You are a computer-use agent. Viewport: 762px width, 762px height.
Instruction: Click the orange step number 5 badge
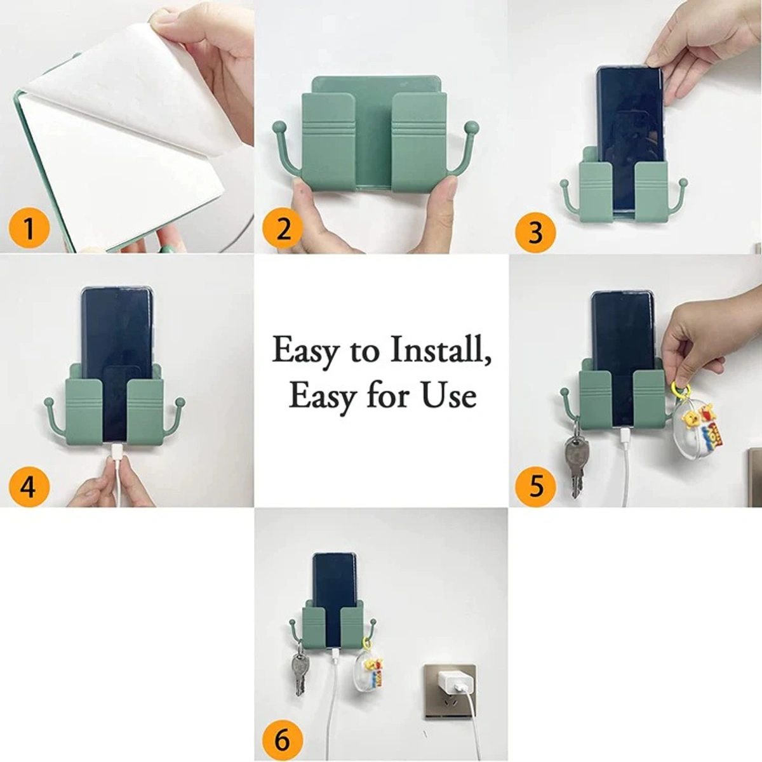pos(536,486)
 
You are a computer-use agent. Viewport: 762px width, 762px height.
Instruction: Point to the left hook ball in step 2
pos(278,128)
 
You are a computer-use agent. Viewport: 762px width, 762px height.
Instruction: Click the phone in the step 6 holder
pos(335,578)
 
